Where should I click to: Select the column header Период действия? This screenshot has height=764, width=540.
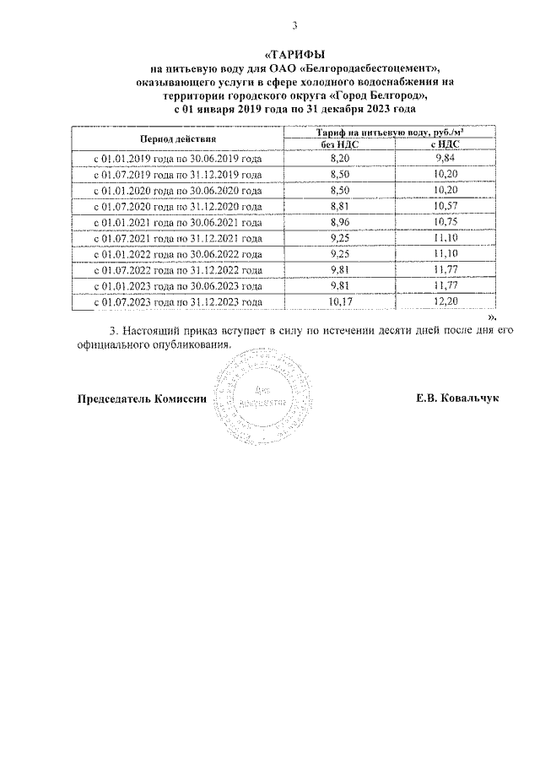177,138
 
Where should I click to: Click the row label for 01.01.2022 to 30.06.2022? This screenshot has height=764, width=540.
177,254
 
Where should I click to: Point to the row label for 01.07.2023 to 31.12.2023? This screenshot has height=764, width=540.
177,301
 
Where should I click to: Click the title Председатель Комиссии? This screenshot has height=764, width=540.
142,398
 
